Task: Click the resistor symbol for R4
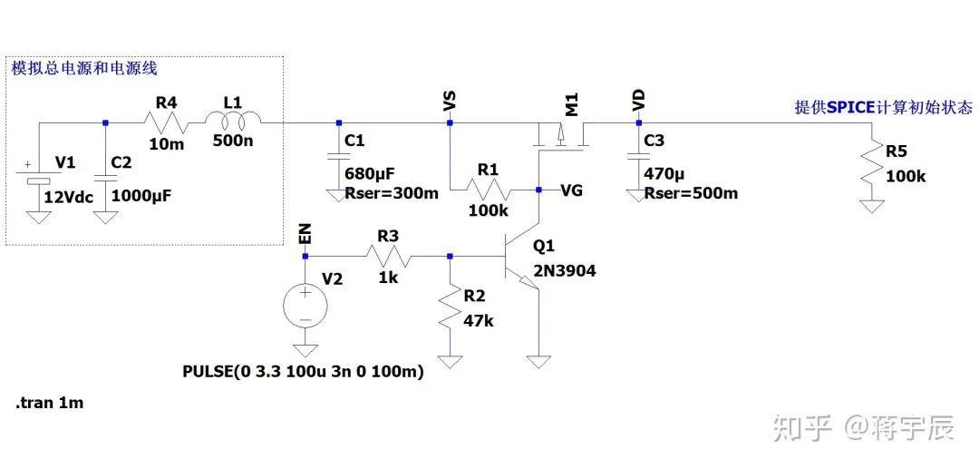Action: pos(166,122)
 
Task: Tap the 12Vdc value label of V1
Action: pos(69,198)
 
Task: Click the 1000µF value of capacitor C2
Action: pos(141,196)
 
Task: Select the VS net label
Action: pos(450,102)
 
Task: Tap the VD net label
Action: pos(639,102)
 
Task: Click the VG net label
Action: pos(572,190)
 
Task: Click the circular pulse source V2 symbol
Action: pos(305,306)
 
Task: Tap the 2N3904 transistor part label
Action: pos(565,271)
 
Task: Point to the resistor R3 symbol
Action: pos(388,256)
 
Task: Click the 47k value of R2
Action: pos(479,321)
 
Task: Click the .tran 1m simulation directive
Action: pos(49,403)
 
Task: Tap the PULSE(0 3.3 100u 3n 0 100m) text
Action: pos(304,372)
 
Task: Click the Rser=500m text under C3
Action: pos(691,193)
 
